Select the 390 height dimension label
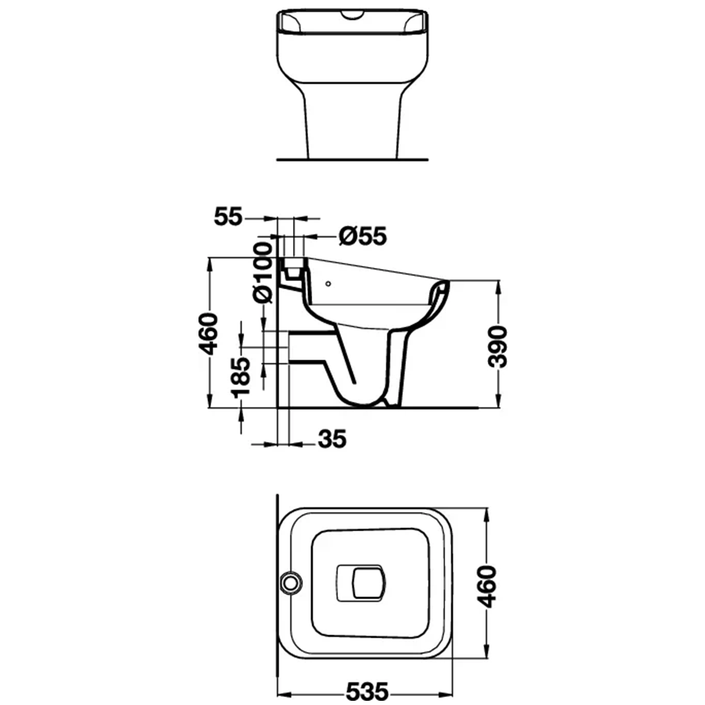coord(497,346)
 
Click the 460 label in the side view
coord(208,334)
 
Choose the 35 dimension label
coord(332,439)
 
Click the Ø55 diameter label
coord(362,236)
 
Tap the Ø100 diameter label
coord(263,273)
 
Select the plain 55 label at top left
coord(228,217)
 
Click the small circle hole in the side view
coord(328,284)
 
